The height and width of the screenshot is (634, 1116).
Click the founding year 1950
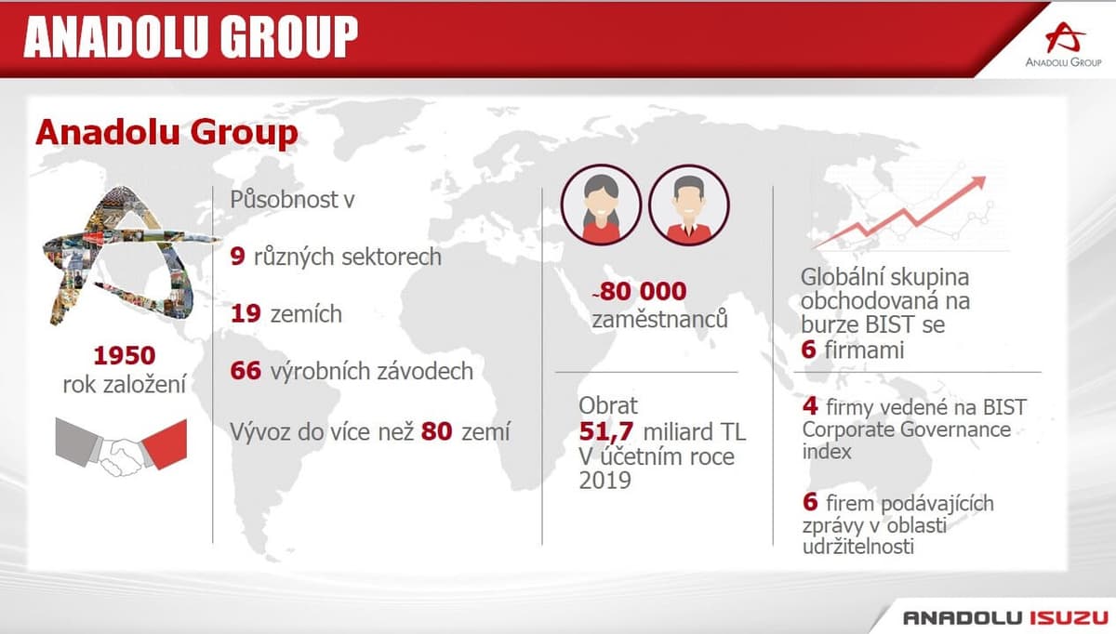[x=125, y=356]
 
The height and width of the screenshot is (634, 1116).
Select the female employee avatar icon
[x=601, y=205]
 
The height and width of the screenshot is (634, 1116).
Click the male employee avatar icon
[x=689, y=205]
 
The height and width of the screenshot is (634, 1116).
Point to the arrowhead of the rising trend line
[x=978, y=182]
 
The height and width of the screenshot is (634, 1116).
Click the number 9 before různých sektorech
[x=238, y=257]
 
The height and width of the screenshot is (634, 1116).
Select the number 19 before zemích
[x=246, y=314]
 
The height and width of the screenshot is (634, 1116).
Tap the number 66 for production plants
[x=246, y=371]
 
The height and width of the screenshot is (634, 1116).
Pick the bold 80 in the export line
[x=436, y=431]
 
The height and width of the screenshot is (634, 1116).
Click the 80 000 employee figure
[x=643, y=291]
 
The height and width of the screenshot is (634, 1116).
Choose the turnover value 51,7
[x=606, y=431]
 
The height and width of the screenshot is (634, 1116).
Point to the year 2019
[x=604, y=480]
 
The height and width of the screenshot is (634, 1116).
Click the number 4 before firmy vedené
[x=810, y=406]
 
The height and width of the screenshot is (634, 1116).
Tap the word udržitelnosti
[x=858, y=547]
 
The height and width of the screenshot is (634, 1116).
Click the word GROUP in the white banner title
[x=289, y=36]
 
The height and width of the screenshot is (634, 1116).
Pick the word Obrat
[x=608, y=405]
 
